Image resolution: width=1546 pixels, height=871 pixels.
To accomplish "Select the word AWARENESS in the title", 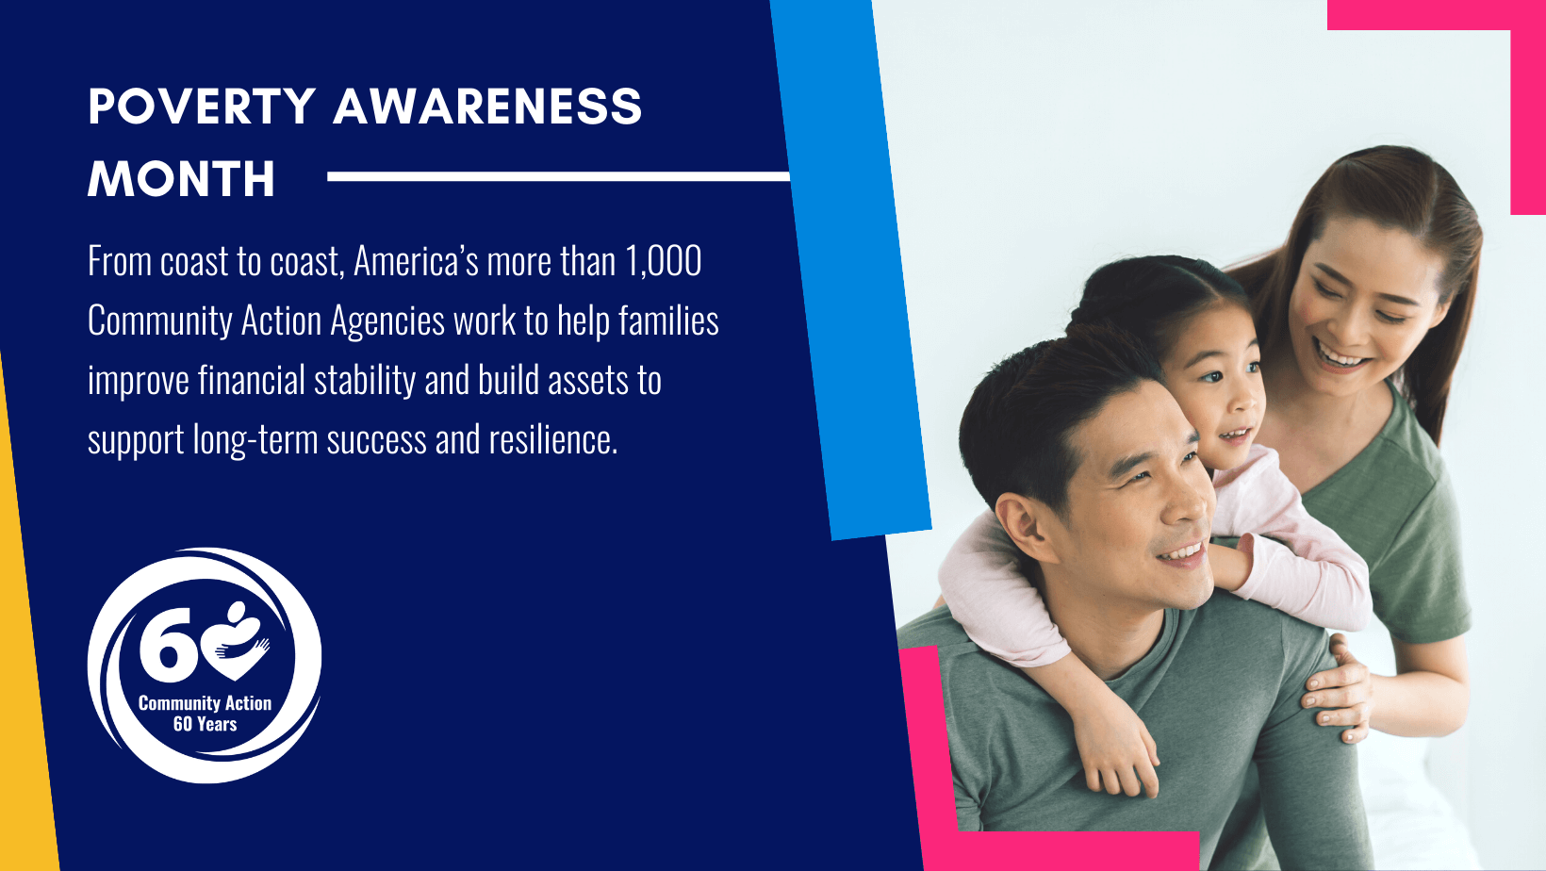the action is tap(487, 107).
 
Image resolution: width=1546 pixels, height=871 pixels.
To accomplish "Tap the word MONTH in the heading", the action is tap(182, 179).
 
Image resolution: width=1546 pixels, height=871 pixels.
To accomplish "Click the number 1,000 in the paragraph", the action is tap(664, 261).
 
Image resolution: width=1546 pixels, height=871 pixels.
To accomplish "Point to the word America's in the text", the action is tap(416, 261).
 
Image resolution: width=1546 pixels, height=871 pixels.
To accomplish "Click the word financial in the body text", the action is tap(252, 380).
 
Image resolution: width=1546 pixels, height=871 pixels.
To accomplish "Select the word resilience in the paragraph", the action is tap(552, 439).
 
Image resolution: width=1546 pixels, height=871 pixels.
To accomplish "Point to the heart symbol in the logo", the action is tap(237, 640).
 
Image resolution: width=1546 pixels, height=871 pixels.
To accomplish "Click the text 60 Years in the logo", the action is tap(205, 724).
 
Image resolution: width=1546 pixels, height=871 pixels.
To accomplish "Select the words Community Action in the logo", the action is tap(205, 702).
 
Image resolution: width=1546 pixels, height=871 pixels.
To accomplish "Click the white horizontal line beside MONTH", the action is tap(558, 176).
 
